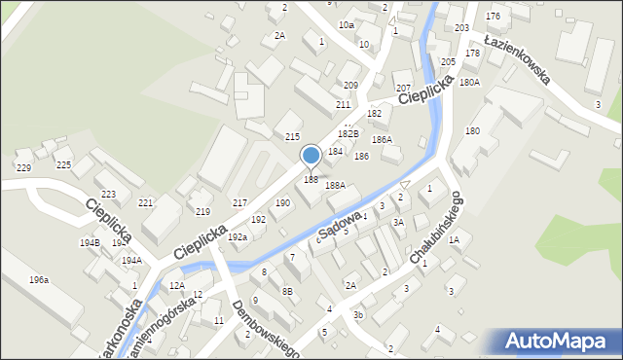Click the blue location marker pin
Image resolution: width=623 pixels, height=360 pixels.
click(x=311, y=157)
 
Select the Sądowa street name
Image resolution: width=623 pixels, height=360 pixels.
click(x=340, y=223)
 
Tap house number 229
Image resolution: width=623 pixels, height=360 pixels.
click(x=23, y=168)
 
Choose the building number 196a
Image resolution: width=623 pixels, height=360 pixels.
click(x=39, y=280)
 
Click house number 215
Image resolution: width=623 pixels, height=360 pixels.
click(x=292, y=137)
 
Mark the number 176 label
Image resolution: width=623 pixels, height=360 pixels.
click(x=494, y=17)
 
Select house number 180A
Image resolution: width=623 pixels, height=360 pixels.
click(x=470, y=83)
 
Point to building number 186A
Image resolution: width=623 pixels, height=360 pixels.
click(x=382, y=140)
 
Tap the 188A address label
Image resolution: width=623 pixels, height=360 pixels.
click(x=336, y=185)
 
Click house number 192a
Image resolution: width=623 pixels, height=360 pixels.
click(x=238, y=236)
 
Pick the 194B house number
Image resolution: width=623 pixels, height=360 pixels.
click(x=90, y=242)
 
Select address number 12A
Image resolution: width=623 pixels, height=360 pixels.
click(x=176, y=285)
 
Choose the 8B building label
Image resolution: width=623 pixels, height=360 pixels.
click(x=287, y=291)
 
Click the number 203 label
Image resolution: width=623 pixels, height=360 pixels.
click(x=461, y=28)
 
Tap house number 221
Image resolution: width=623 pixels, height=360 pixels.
click(x=146, y=202)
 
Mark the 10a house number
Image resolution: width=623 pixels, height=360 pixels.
click(x=347, y=24)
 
